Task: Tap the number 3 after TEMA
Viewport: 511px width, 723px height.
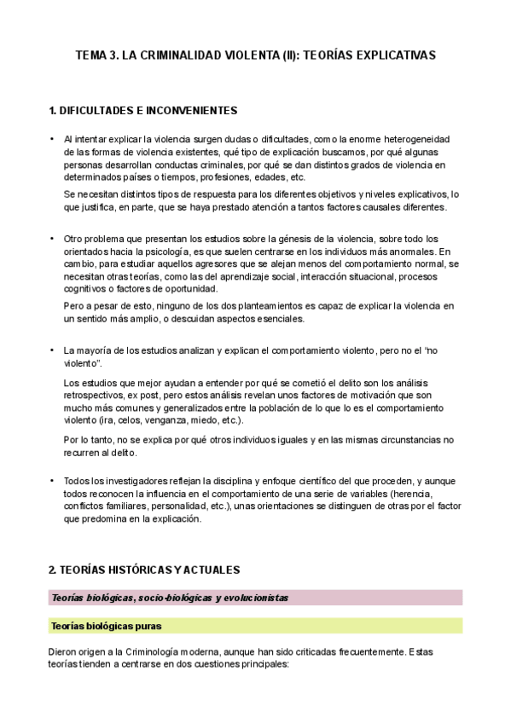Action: [x=114, y=55]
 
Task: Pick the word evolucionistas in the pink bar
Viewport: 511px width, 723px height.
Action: [x=247, y=598]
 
